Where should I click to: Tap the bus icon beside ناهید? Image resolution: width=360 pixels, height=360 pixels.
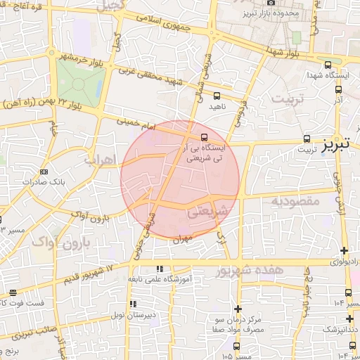point(217,95)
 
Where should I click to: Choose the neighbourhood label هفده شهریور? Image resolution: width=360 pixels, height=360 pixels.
point(250,270)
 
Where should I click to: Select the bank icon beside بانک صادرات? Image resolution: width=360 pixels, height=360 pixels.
point(45,171)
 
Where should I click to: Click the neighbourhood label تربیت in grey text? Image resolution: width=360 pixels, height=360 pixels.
point(291,98)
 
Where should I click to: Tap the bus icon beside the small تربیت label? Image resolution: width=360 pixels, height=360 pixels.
point(307,139)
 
